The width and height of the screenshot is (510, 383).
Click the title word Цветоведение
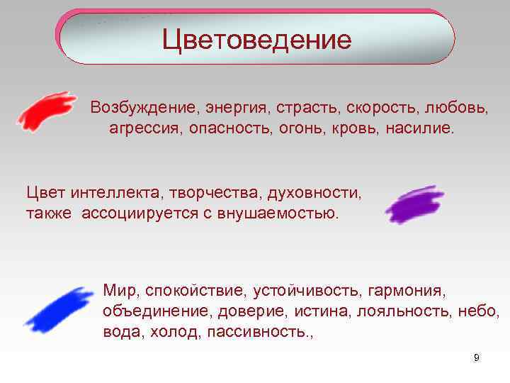point(256,39)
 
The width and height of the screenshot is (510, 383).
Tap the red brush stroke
point(46,110)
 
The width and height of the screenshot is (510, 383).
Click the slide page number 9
point(477,357)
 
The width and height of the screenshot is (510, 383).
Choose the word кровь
point(356,129)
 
